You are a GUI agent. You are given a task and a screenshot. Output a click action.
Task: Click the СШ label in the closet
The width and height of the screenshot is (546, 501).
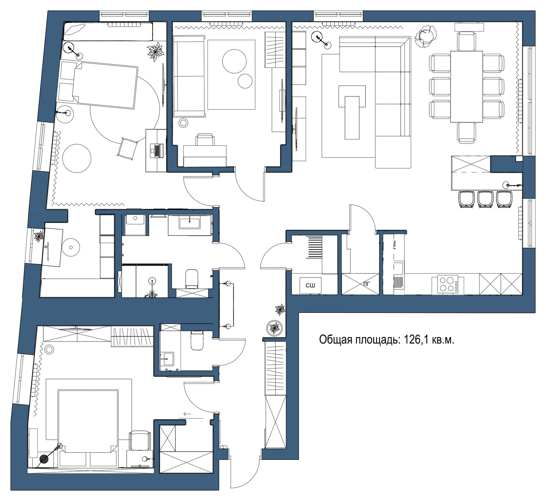tap(310, 285)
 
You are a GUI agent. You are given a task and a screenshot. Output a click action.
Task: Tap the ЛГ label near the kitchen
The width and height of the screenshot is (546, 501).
tap(367, 283)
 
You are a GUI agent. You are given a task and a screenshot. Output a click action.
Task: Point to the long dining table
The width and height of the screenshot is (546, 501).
tap(466, 86)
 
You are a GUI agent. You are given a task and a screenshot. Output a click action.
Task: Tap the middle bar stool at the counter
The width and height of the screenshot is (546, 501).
tap(485, 199)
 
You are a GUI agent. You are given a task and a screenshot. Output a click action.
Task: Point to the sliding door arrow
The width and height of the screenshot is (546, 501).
tap(193, 414)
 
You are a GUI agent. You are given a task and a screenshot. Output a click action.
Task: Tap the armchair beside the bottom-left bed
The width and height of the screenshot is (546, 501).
tap(140, 440)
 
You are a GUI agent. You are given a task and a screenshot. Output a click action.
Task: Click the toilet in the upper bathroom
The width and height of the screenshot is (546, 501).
tap(191, 279)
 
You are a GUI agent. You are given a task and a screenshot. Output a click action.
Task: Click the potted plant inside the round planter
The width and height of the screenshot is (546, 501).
tap(274, 328)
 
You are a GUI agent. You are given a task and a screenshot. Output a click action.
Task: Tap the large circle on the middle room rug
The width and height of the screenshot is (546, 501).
tap(234, 61)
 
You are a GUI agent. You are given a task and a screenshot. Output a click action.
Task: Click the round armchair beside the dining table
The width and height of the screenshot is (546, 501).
tap(426, 36)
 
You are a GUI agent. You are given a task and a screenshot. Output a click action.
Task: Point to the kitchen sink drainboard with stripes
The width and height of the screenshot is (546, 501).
tap(399, 283)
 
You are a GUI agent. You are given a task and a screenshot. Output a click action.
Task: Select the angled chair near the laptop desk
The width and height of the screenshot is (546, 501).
tap(127, 148)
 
